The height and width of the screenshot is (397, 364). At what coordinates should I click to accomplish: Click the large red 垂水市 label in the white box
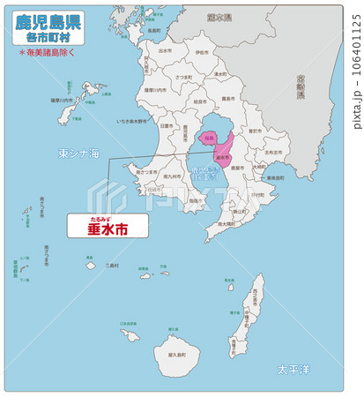[x=107, y=228]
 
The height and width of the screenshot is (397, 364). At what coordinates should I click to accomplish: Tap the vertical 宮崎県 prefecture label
[x=301, y=85]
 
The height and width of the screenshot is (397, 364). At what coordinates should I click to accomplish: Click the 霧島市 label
[x=227, y=99]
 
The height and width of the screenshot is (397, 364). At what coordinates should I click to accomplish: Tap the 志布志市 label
[x=274, y=152]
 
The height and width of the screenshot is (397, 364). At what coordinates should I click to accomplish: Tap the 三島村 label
[x=110, y=264]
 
